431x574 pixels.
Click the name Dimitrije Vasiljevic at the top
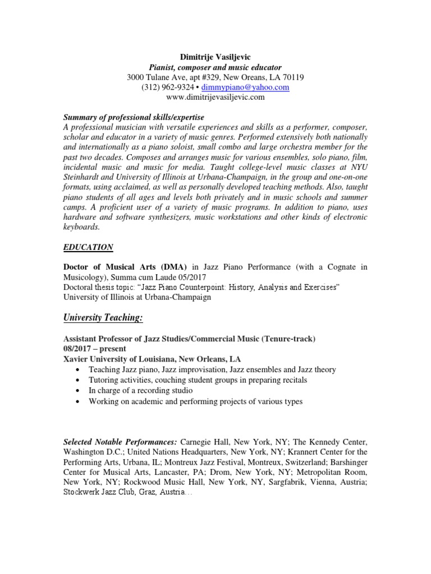pyautogui.click(x=215, y=57)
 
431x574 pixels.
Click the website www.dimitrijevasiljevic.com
pyautogui.click(x=215, y=97)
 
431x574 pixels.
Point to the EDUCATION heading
pyautogui.click(x=88, y=247)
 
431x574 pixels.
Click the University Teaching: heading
pyautogui.click(x=103, y=318)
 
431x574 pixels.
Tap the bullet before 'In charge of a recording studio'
pyautogui.click(x=76, y=391)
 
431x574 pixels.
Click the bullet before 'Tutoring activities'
pyautogui.click(x=76, y=381)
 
